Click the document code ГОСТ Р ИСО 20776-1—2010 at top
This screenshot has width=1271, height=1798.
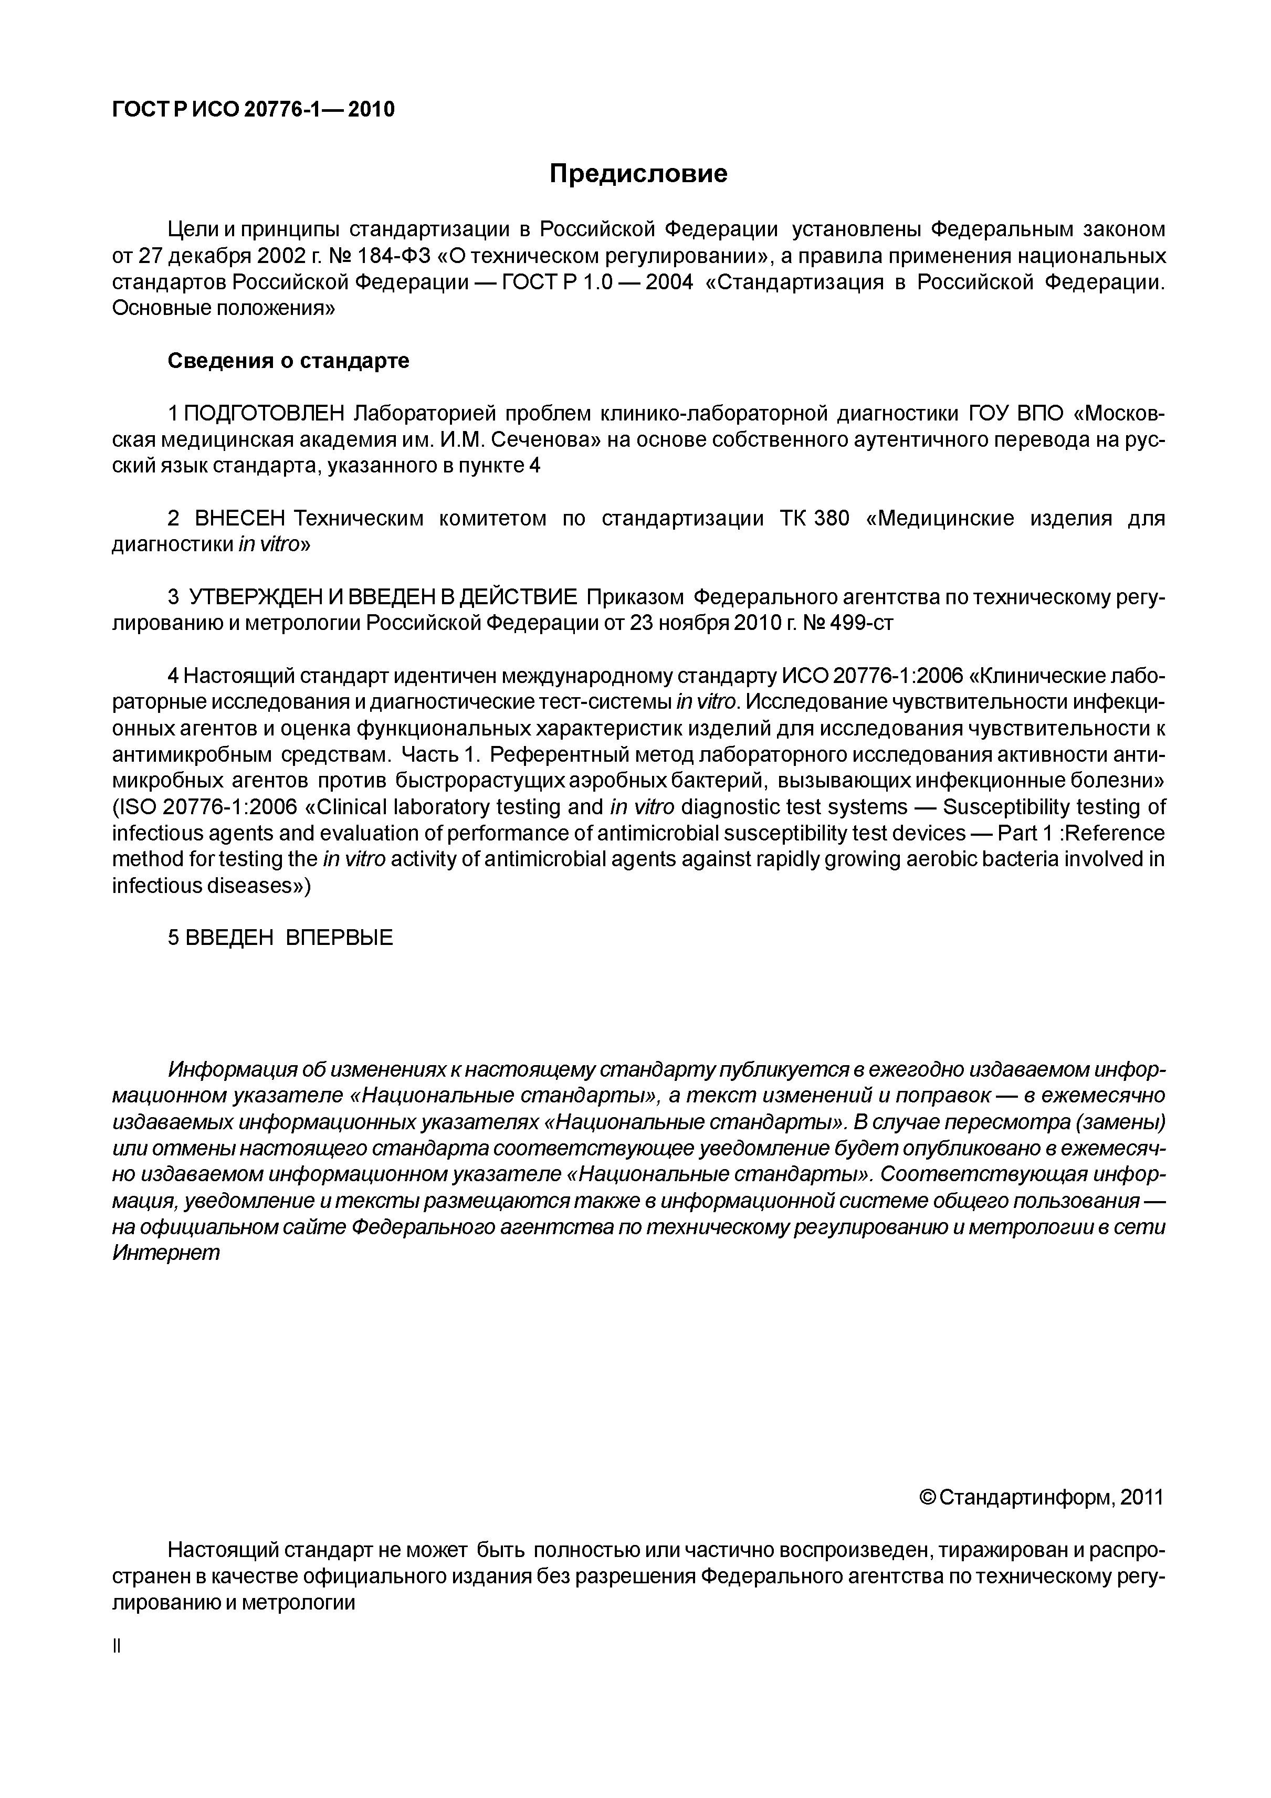pos(253,110)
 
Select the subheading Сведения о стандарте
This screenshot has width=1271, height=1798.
pos(288,361)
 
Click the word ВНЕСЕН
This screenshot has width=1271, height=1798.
pos(239,519)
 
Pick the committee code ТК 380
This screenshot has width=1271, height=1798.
pos(814,519)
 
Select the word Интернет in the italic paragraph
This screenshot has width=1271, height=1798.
pos(166,1252)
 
